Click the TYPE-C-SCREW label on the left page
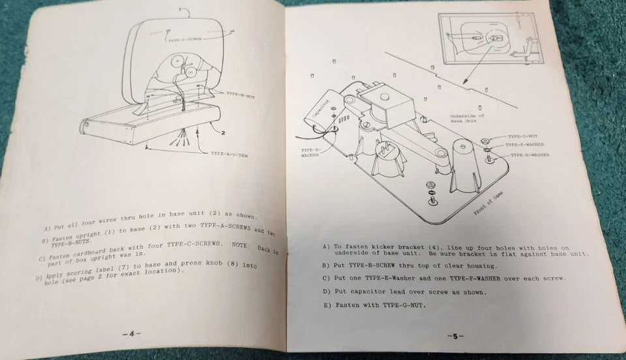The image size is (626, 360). point(185,40)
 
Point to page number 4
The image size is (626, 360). point(131,334)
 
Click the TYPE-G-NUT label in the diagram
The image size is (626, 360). point(521,136)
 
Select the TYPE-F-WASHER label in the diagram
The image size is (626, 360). point(526,145)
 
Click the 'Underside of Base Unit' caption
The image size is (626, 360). point(467,119)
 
